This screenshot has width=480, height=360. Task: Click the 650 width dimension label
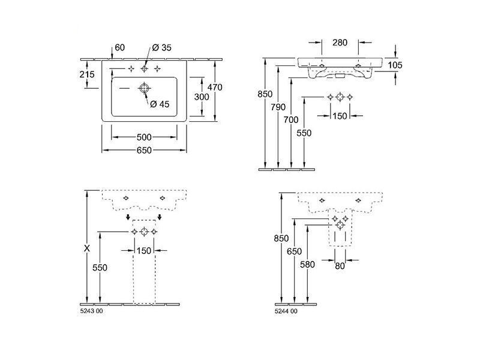(x=144, y=151)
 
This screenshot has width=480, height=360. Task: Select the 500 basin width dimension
(x=144, y=137)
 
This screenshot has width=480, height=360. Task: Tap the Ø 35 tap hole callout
(x=161, y=47)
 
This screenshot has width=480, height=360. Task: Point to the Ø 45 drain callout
(x=160, y=104)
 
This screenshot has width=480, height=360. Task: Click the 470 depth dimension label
(x=215, y=87)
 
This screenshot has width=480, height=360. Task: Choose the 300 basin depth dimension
(x=202, y=97)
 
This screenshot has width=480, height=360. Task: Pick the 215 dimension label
(x=87, y=74)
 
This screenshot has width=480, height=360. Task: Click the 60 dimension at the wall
(x=120, y=47)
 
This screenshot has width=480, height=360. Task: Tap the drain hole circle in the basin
(x=144, y=88)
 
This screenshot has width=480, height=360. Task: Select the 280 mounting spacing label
(x=340, y=43)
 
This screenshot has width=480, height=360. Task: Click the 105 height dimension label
(x=395, y=65)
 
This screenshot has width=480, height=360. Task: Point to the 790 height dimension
(x=278, y=107)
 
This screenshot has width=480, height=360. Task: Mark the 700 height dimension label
(x=291, y=119)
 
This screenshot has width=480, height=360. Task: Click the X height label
(x=87, y=248)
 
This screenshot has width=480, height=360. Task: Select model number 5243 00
(x=92, y=311)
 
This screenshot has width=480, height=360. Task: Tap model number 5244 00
(x=286, y=311)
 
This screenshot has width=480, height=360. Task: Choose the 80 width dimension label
(x=340, y=266)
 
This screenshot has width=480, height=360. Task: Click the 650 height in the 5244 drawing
(x=294, y=251)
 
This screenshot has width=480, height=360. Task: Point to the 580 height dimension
(x=307, y=264)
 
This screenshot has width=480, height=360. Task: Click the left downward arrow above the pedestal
(x=128, y=217)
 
